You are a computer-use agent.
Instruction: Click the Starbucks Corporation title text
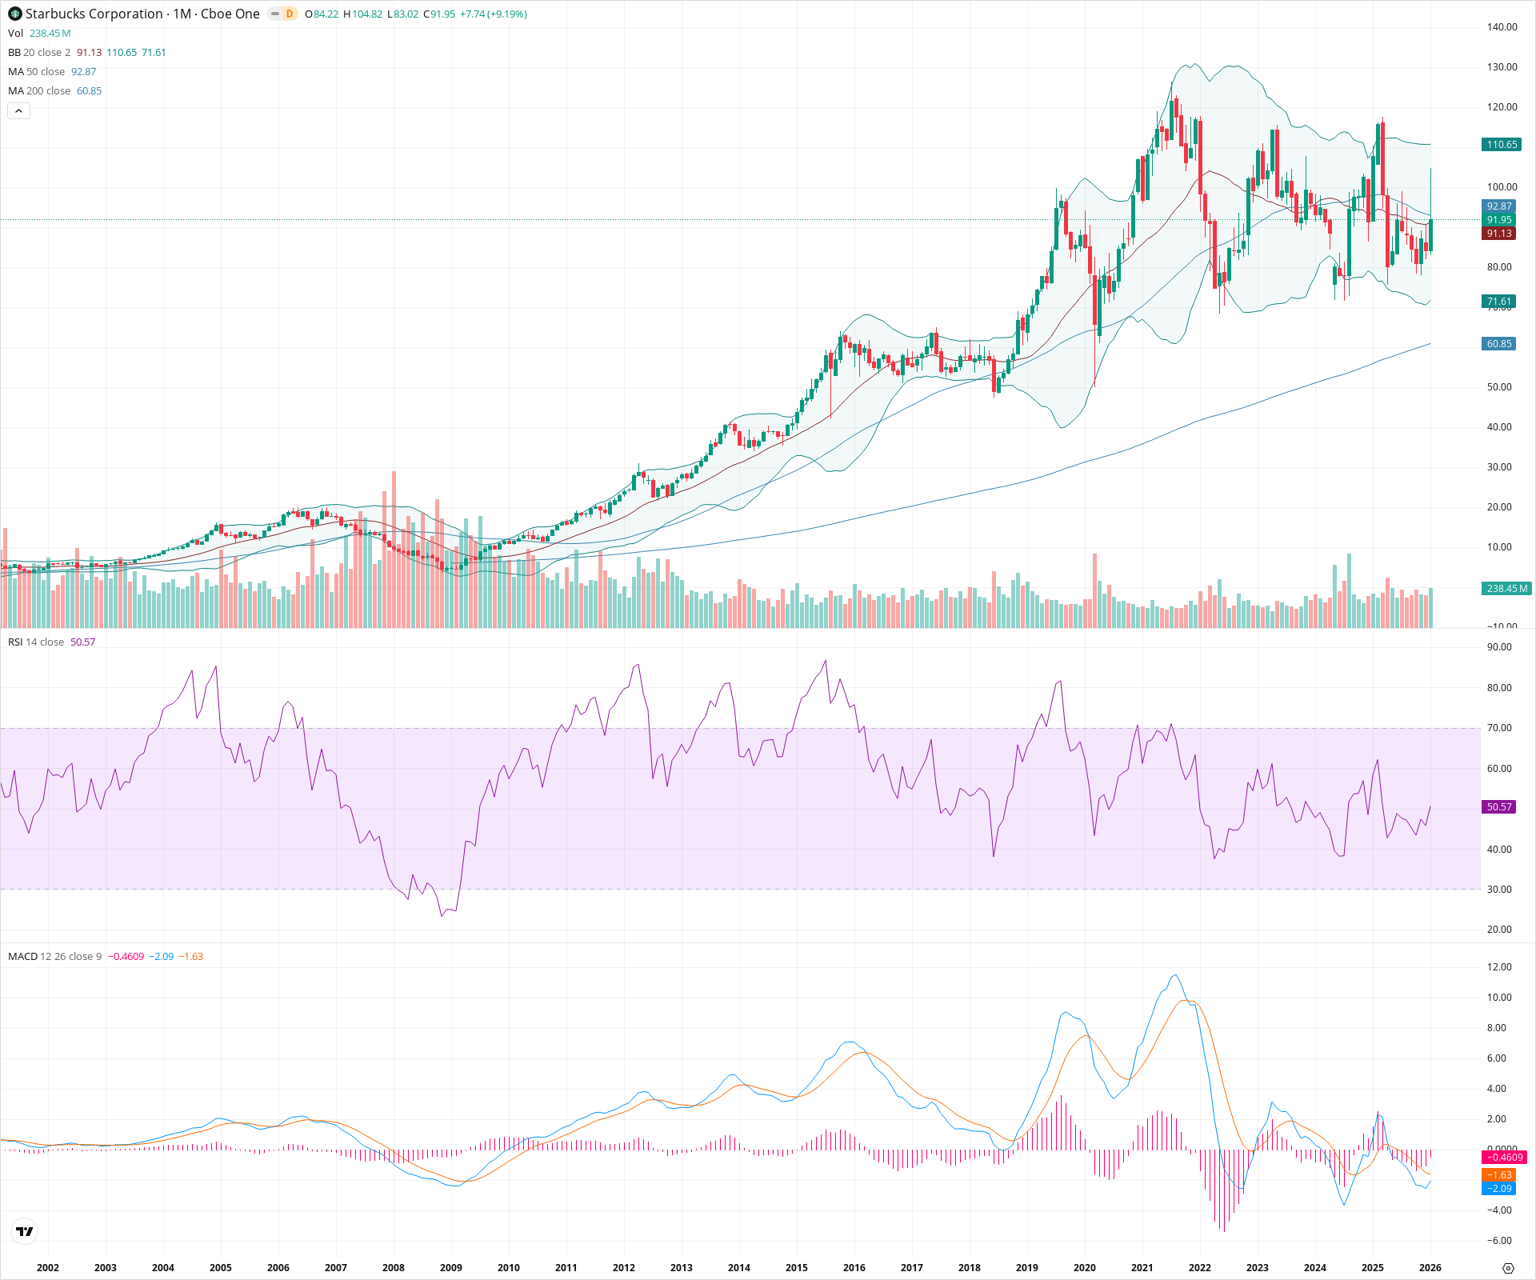[94, 14]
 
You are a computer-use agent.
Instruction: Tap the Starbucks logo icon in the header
[14, 14]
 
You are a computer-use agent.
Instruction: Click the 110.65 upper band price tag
[1501, 145]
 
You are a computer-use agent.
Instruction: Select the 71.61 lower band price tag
[1498, 302]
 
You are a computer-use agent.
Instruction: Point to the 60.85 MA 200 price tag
[1498, 344]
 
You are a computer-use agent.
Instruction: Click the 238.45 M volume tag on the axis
[1506, 589]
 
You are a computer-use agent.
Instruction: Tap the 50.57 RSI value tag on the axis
[1498, 807]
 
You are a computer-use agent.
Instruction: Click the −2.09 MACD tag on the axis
[1498, 1189]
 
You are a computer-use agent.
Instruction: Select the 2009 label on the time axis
[451, 1267]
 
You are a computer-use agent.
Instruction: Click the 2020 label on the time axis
[1084, 1267]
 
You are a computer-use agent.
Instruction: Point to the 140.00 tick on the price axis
[1502, 27]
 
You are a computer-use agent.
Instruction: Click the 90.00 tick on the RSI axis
[1499, 647]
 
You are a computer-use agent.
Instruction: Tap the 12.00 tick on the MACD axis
[1499, 967]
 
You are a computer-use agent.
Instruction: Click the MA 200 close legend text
[39, 91]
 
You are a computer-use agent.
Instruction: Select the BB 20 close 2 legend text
[39, 53]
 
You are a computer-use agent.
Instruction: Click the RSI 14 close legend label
[36, 642]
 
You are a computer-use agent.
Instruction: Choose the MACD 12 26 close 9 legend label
[54, 957]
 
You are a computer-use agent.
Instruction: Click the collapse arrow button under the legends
[18, 111]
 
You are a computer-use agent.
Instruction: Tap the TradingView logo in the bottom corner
[25, 1231]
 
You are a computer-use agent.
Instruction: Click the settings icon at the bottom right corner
[1508, 1268]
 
